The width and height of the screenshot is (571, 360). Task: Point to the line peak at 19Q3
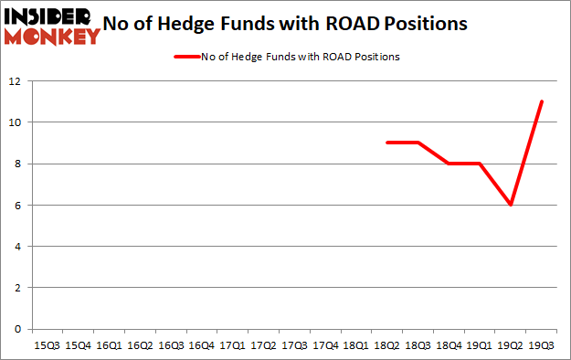542,101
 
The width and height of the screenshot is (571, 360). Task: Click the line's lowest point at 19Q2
511,205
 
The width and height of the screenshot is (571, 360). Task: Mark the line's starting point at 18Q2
386,143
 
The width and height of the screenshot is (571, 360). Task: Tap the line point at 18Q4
449,164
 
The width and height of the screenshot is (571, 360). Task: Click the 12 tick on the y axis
16,81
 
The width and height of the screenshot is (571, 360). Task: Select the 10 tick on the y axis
16,122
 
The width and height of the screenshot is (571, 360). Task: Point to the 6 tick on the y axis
18,205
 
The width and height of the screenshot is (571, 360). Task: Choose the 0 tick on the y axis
18,329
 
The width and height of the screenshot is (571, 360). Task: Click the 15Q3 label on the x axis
47,346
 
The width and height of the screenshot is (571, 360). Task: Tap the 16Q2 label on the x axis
140,346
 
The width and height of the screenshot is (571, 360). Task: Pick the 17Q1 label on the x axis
232,346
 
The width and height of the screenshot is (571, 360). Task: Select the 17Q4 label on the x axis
325,346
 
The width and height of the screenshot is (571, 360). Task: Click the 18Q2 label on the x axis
386,346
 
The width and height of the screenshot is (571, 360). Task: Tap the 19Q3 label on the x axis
542,346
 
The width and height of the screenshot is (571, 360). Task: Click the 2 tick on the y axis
18,288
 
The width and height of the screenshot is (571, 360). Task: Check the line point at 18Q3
418,143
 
